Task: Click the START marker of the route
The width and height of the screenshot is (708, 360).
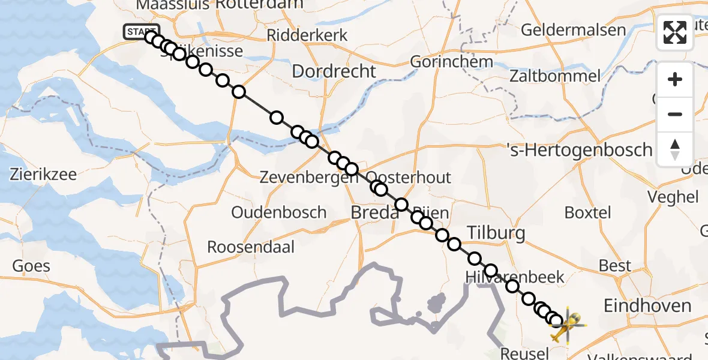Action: coord(141,32)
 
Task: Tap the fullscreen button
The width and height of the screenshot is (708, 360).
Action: coord(675,32)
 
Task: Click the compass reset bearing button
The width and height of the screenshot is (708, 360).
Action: coord(675,148)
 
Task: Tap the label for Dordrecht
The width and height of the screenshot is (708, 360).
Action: coord(334,71)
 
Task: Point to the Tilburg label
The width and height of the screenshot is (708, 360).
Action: coord(496,233)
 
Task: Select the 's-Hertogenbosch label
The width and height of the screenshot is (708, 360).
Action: coord(580,149)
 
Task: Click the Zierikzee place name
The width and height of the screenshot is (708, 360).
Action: coord(43,175)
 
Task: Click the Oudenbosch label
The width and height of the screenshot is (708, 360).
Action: coord(279,212)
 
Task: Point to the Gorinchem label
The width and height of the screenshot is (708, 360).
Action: coord(452,61)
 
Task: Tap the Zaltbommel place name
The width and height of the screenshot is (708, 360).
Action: coord(554,76)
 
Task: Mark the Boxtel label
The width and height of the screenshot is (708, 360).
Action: coord(588,212)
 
